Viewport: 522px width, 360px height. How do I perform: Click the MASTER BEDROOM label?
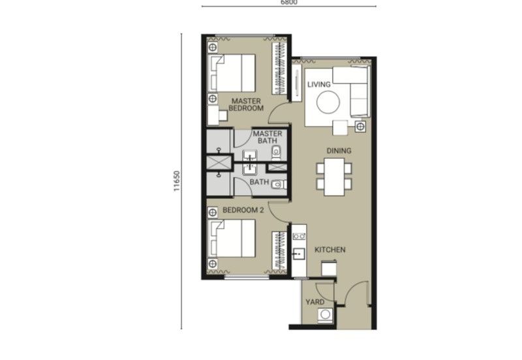[x=246, y=104]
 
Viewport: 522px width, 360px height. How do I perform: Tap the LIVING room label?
[x=319, y=85]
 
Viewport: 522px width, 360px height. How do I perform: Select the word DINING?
[x=339, y=151]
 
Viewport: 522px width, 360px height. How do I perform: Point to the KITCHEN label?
[x=330, y=250]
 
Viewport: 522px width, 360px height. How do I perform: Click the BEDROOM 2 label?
[x=243, y=210]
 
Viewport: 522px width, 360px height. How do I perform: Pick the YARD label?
[x=315, y=302]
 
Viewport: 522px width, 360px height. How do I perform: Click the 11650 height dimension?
[x=177, y=181]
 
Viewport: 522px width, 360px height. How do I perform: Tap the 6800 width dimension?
[x=289, y=3]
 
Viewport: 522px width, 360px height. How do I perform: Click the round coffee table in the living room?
[x=328, y=102]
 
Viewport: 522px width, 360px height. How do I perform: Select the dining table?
[x=334, y=177]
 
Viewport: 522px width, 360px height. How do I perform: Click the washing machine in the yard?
[x=325, y=315]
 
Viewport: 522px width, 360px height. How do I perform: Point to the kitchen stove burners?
[x=299, y=236]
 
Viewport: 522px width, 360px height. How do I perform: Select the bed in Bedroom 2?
[x=232, y=238]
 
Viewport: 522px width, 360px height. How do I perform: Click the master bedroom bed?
[x=232, y=73]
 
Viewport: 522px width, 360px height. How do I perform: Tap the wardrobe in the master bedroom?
[x=279, y=69]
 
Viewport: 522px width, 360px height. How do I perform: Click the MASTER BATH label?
[x=268, y=137]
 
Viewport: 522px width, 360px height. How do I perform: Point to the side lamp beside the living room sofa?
[x=360, y=127]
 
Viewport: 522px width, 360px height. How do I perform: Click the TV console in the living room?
[x=297, y=83]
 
